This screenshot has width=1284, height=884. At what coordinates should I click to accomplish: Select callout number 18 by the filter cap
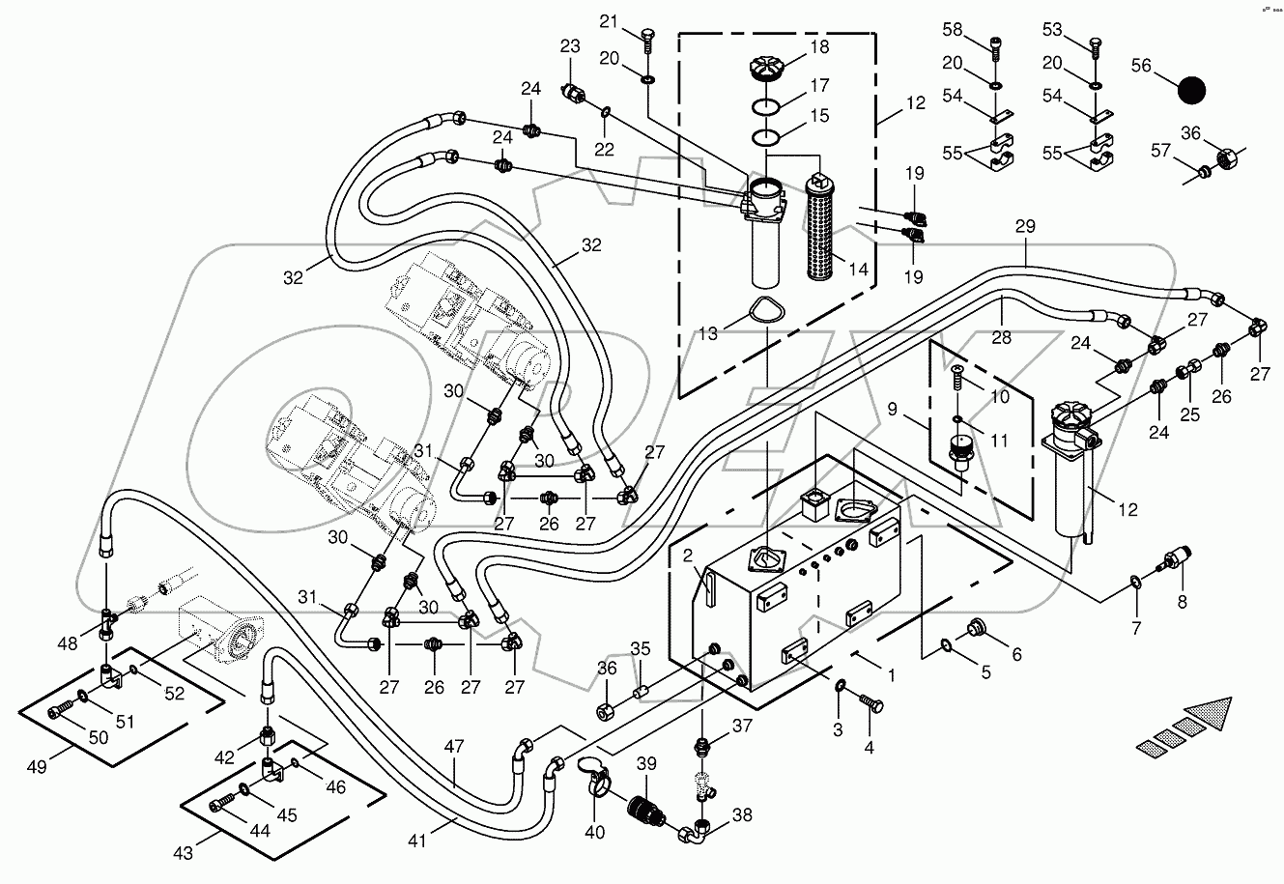pos(819,47)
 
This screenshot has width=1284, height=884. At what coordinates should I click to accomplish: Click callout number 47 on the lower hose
pos(453,746)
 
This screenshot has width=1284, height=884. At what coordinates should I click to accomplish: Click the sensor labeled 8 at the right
pos(1178,561)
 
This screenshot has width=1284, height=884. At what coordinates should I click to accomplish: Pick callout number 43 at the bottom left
pos(183,853)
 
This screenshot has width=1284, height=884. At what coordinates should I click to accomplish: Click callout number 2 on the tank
pos(687,556)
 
